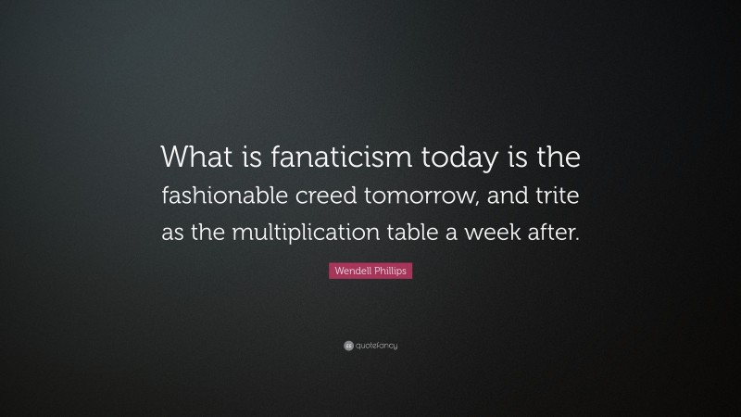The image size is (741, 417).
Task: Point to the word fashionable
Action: (229, 196)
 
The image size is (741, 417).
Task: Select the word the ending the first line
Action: (556, 158)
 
